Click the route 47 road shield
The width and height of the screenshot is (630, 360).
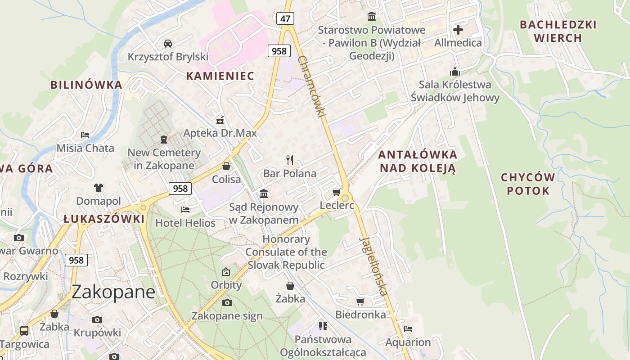285,18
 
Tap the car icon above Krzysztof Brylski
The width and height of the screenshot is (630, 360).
168,43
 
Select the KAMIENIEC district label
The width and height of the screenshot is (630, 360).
220,76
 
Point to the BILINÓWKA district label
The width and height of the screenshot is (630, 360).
86,85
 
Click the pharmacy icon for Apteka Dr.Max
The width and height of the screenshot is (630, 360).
220,120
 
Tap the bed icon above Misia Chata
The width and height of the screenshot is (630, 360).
85,135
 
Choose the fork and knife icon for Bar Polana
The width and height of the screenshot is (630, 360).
290,160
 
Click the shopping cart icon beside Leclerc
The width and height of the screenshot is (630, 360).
336,193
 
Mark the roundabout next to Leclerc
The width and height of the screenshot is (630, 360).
345,198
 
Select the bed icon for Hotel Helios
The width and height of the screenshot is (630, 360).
185,209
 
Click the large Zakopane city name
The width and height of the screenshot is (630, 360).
113,292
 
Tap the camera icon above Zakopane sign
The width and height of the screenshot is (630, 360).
227,302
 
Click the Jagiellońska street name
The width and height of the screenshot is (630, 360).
373,266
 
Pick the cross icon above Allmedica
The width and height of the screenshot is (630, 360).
458,30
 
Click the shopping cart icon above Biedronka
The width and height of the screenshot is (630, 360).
360,301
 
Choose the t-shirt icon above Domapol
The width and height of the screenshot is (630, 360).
99,187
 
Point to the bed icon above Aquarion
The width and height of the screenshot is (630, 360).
408,329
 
